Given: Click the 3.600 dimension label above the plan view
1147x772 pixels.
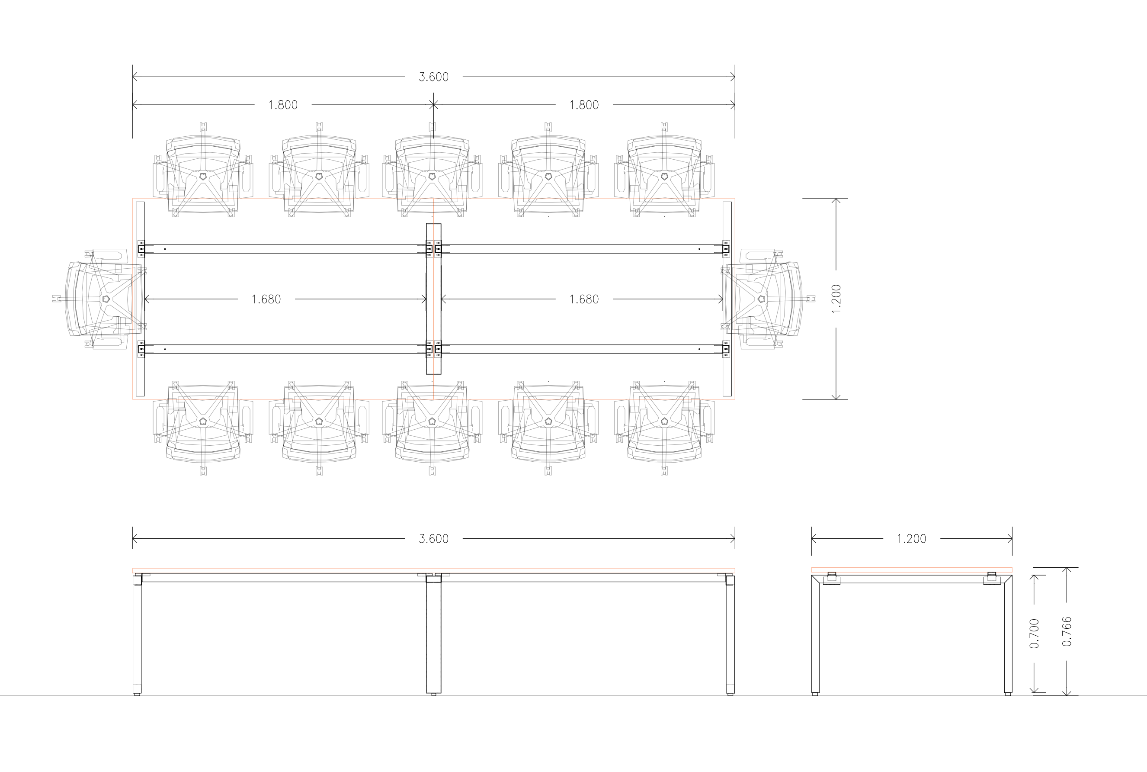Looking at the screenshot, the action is pos(433,77).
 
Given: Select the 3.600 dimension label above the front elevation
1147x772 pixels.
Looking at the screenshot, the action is pos(433,539).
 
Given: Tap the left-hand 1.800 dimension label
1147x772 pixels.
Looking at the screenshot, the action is pos(283,105).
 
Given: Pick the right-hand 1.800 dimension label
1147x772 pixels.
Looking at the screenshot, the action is pos(584,105).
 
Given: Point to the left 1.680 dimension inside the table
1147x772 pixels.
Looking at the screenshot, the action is pos(266,299).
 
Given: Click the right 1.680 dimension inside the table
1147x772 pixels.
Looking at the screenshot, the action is pos(584,299).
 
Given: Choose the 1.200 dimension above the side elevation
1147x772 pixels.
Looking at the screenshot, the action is pos(912,539).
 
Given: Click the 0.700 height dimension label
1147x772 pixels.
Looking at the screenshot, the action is pos(1034,633).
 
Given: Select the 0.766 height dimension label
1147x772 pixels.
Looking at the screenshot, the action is pos(1067,632).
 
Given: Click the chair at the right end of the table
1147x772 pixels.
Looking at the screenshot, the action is pos(768,299).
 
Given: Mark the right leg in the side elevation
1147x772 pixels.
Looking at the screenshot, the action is pos(1008,635).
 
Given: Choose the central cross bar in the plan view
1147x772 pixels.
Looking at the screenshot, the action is pos(433,299).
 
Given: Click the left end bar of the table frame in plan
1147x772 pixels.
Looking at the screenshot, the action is pos(140,299).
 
